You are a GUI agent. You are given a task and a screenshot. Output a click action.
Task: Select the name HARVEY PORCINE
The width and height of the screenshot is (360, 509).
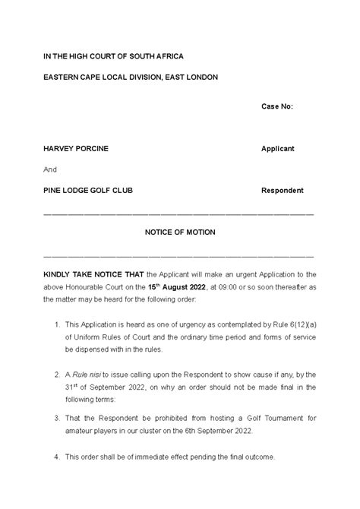[x=76, y=148]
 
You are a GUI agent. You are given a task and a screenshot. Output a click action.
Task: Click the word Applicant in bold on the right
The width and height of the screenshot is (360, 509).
[x=277, y=148]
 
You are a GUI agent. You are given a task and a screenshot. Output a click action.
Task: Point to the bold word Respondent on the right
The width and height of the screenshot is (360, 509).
[x=282, y=190]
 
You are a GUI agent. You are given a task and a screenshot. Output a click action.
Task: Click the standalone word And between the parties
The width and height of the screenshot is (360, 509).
[x=51, y=169]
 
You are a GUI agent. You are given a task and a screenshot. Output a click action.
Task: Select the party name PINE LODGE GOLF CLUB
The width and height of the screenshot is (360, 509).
[x=88, y=190]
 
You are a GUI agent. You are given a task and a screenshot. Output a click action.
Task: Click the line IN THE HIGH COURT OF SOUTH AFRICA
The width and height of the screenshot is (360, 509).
[x=113, y=57]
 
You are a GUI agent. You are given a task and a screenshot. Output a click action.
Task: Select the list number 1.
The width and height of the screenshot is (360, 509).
[x=58, y=324]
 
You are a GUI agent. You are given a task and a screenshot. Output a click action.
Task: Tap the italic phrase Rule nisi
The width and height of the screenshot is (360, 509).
[x=87, y=374]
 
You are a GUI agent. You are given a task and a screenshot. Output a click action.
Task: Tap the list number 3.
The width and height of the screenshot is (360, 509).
[x=58, y=419]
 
